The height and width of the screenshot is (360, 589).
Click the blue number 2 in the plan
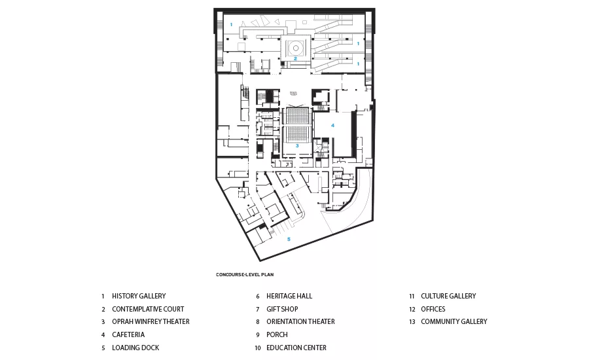(x=295, y=59)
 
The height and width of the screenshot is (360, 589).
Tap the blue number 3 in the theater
(x=296, y=145)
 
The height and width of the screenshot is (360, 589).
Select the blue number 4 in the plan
(x=332, y=125)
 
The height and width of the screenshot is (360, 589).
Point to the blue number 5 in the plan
(x=289, y=239)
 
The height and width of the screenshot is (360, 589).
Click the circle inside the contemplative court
(x=296, y=48)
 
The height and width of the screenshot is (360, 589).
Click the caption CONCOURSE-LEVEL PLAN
(x=245, y=275)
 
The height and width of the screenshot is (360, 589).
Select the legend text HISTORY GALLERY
(x=139, y=296)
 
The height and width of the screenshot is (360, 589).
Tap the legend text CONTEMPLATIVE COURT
(x=148, y=309)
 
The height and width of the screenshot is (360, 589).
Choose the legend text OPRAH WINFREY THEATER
(x=151, y=321)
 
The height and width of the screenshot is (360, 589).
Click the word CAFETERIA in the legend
(x=128, y=334)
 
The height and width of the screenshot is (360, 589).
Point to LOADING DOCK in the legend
(x=135, y=348)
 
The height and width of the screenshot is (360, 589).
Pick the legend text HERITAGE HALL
(x=289, y=296)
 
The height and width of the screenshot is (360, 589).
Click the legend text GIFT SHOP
(x=282, y=309)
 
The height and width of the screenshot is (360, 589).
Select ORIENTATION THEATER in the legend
(x=300, y=321)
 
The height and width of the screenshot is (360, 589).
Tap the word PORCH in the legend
(x=277, y=334)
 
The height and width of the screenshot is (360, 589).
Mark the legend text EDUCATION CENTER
(x=296, y=348)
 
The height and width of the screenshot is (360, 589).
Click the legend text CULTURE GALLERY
(x=448, y=296)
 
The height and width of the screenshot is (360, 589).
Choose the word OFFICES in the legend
(x=433, y=309)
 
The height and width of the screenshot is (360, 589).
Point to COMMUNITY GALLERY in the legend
(x=454, y=321)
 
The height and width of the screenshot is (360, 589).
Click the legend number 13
(x=412, y=321)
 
